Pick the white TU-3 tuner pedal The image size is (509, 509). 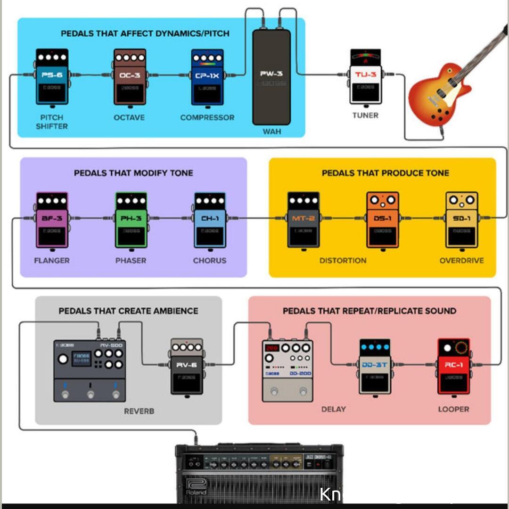tap(365, 78)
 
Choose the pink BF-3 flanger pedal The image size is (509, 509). tap(52, 220)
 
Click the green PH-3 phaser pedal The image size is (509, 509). tap(131, 220)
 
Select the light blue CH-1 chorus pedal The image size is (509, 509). tap(210, 220)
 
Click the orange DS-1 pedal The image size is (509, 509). tap(382, 220)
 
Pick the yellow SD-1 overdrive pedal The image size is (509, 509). tap(461, 220)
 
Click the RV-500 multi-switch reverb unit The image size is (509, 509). tap(90, 370)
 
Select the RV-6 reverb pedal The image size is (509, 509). tap(187, 366)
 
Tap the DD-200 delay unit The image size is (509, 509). tap(287, 370)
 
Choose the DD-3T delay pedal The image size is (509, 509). tap(375, 366)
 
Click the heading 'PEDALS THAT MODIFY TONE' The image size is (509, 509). tap(133, 173)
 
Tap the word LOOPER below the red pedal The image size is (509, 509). tap(453, 409)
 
